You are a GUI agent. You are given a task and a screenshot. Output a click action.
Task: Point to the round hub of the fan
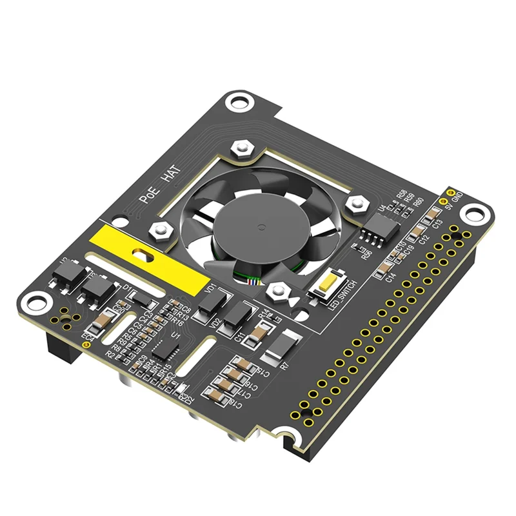click(x=260, y=228)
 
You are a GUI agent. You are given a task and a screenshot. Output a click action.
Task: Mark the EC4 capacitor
click(x=103, y=319)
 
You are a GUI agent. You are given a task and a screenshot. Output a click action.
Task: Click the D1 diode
click(x=139, y=297)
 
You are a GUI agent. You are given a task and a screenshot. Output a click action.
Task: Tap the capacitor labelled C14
click(x=386, y=265)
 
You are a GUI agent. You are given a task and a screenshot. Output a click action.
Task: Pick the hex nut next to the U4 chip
click(x=355, y=203)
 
